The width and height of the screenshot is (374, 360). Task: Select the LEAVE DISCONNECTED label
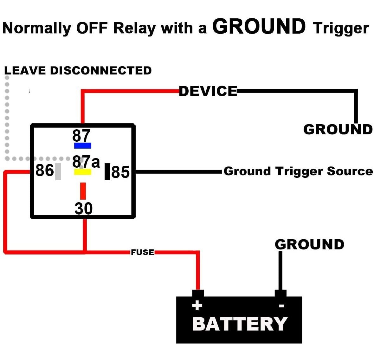78,70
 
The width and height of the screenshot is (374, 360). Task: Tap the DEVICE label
208,91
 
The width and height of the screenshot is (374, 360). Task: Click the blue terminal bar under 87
83,146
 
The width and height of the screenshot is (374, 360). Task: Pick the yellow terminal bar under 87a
83,172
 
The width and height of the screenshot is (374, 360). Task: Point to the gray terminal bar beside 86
58,172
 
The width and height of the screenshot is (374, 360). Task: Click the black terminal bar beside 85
107,172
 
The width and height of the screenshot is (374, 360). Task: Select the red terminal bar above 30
83,191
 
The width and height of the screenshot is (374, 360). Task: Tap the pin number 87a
86,162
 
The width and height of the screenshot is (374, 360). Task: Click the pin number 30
84,209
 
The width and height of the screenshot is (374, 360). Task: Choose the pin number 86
45,170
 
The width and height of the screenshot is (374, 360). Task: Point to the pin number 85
120,172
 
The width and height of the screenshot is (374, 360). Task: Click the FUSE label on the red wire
142,252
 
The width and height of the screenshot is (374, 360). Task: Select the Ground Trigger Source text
298,171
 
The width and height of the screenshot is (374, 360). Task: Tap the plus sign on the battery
197,305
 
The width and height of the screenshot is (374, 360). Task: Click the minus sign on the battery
281,306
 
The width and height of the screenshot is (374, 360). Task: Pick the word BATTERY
240,324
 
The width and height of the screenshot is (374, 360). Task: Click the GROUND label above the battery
309,245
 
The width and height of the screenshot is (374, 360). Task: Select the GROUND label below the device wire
338,130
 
